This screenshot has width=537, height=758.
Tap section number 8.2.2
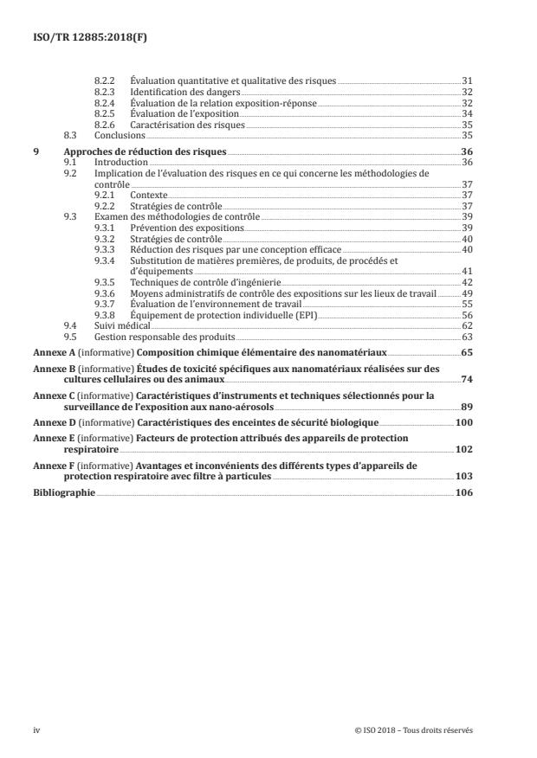pos(104,80)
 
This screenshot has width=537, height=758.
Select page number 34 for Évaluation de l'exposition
pos(466,113)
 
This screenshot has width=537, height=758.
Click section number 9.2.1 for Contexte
pos(104,196)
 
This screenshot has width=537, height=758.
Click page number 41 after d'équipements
pos(466,271)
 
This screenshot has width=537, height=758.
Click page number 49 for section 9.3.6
pos(466,293)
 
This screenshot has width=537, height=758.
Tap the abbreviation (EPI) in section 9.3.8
pos(305,316)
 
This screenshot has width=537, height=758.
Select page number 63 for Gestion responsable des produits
pos(466,337)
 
